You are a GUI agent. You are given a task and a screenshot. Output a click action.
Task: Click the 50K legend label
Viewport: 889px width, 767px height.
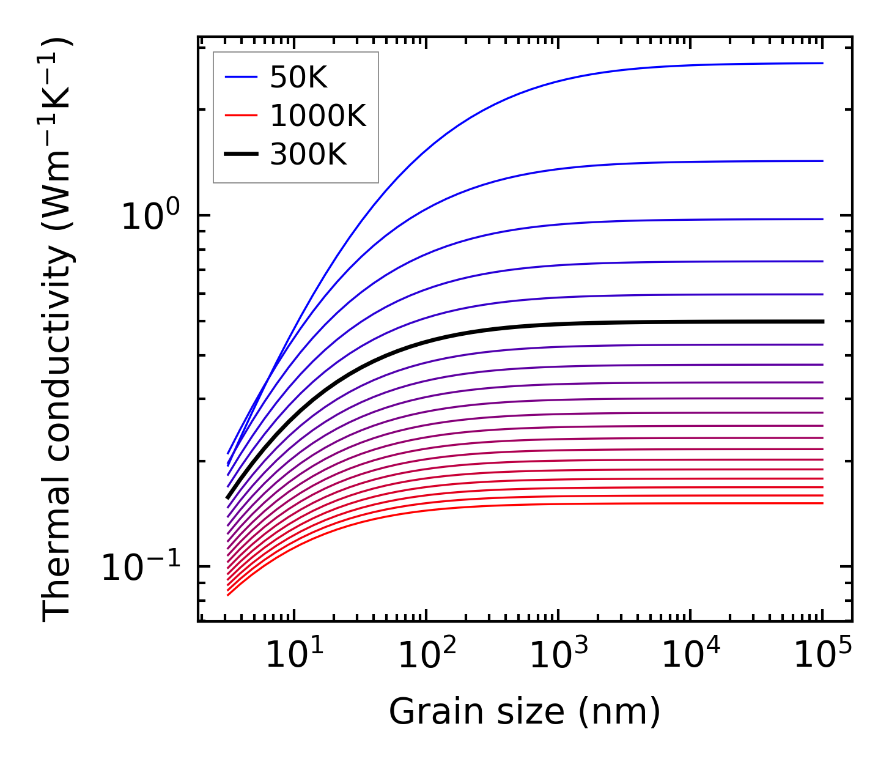point(299,78)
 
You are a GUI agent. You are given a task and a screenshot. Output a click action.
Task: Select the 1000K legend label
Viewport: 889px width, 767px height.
point(318,116)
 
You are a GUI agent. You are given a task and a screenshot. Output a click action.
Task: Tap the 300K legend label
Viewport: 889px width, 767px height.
point(308,155)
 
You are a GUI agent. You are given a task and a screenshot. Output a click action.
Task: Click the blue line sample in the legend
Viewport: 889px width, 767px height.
point(241,77)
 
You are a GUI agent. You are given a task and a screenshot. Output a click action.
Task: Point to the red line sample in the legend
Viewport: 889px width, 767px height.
point(241,116)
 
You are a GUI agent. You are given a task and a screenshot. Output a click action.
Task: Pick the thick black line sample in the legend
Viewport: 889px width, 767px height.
point(241,154)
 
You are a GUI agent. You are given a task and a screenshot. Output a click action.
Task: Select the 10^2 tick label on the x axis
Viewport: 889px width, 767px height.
point(426,655)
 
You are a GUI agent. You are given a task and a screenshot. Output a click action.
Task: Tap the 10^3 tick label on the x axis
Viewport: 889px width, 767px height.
point(558,655)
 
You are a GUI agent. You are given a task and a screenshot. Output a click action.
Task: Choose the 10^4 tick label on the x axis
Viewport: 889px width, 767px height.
point(690,655)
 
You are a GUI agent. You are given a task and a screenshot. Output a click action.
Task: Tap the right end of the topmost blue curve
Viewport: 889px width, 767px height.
point(822,63)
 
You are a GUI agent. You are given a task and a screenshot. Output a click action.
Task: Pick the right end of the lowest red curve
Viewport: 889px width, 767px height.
point(822,503)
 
